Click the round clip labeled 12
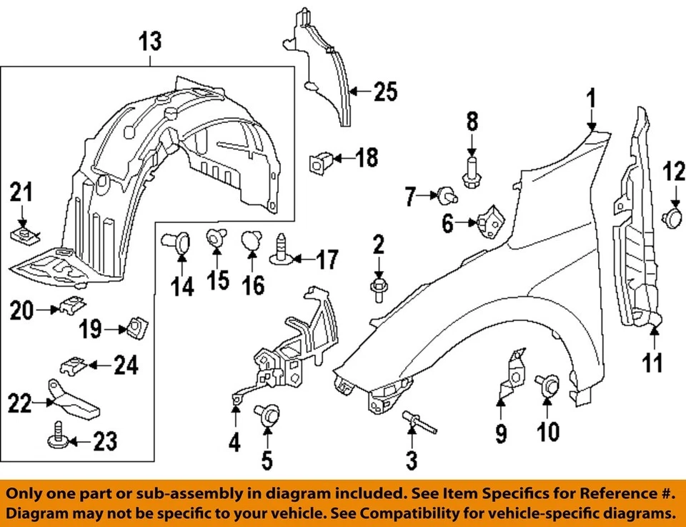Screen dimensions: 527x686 point(674,217)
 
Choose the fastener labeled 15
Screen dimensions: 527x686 point(217,239)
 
